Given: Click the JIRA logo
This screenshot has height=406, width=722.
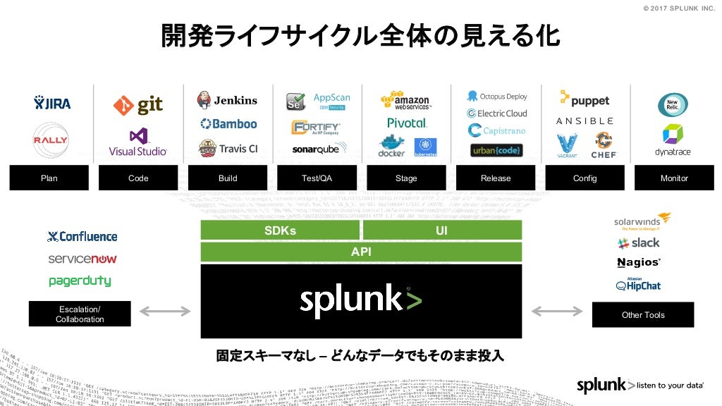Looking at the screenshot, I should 52,104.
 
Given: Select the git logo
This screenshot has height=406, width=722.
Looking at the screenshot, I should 138,105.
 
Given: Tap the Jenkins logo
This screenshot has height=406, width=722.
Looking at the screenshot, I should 227,100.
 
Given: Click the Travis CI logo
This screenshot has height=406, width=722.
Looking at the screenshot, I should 228,148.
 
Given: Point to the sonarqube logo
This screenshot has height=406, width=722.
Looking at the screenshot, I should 315,149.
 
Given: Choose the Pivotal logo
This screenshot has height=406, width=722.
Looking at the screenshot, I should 406,123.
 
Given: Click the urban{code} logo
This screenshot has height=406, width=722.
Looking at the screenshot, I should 496,150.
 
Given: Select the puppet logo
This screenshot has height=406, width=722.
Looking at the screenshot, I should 585,99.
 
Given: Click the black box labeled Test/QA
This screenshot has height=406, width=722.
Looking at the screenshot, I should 317,178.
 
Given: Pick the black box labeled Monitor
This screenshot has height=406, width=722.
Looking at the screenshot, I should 674,178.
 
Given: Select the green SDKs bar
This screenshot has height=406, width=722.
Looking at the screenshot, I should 280,230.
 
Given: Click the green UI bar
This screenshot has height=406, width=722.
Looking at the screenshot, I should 442,230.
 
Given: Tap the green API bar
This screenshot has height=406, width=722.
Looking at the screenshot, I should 361,252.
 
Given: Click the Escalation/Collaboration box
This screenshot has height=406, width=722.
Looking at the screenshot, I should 80,314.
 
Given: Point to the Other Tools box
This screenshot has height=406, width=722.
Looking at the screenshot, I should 643,314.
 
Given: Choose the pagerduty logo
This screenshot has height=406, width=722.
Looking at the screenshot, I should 80,281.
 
